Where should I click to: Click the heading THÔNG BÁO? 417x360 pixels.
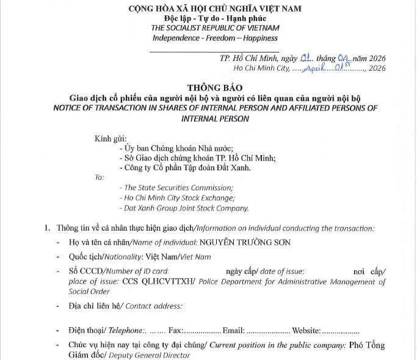[209, 87]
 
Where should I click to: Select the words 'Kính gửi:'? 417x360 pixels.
[109, 140]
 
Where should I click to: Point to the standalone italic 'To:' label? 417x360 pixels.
[100, 178]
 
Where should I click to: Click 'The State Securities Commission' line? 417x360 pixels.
[178, 188]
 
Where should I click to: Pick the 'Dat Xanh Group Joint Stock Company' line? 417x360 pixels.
[186, 208]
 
